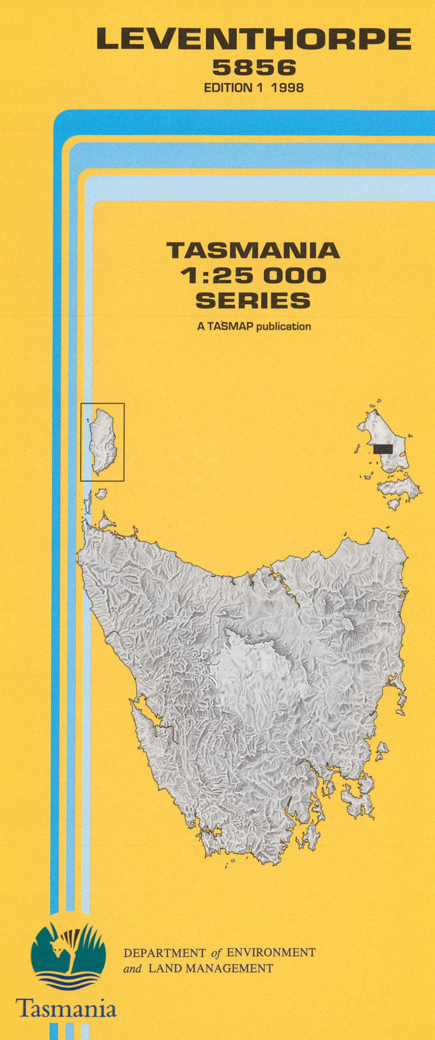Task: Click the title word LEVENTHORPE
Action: click(x=254, y=39)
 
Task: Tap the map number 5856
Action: click(x=254, y=67)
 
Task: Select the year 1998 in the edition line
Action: click(x=287, y=88)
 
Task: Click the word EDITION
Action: click(x=228, y=88)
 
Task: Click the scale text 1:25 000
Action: click(x=253, y=276)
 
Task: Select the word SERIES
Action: click(x=253, y=300)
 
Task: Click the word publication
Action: click(x=283, y=326)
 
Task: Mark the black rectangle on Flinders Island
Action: click(x=383, y=448)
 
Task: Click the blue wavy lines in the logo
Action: click(x=68, y=983)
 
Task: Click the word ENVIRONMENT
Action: click(x=271, y=953)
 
